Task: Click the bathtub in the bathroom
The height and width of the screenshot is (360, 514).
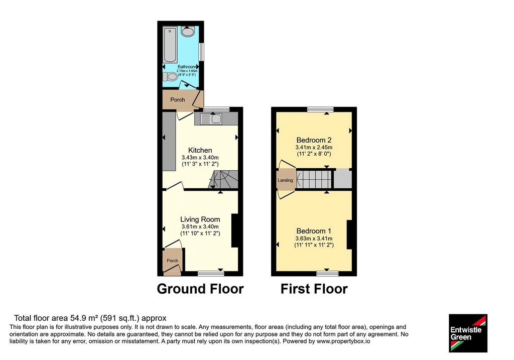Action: pos(171,46)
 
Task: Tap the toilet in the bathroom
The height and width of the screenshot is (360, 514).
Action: pos(170,77)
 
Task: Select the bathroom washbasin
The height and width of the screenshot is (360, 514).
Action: pos(188,32)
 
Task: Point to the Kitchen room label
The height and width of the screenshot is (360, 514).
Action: pos(200,150)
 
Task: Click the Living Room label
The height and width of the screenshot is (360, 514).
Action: pos(200,219)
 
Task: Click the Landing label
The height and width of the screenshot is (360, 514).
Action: pos(285,180)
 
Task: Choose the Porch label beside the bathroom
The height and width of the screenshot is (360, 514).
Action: pos(177,100)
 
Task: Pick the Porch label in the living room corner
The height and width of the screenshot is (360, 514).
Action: pos(173,261)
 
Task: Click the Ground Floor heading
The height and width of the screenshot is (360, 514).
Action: pos(200,289)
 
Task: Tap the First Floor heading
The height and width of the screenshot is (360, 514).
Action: pos(314,289)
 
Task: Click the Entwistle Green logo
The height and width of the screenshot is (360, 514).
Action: pos(468,333)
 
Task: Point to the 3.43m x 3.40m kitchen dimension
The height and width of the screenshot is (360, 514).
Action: pos(200,157)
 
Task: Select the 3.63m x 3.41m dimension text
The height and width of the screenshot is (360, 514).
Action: pos(314,238)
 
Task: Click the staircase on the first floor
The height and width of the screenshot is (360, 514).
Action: pos(315,179)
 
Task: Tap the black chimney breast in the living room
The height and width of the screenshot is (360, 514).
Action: pos(235,230)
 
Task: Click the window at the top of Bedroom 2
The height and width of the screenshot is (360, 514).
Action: pos(320,109)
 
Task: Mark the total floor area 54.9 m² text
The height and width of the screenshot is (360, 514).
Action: pos(90,318)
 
